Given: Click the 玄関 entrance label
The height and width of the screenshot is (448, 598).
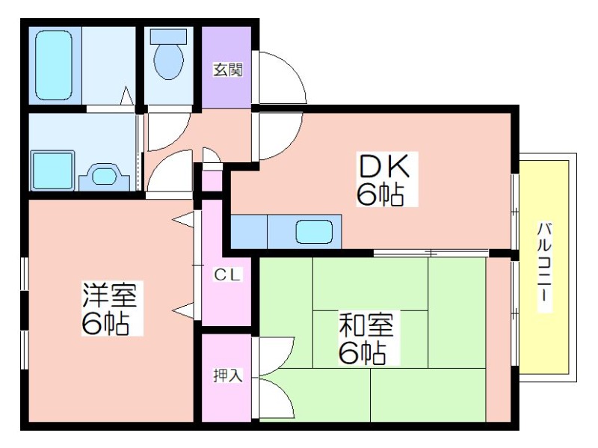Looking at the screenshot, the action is coord(228,70).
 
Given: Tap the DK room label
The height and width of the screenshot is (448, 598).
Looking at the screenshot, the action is coord(384,166).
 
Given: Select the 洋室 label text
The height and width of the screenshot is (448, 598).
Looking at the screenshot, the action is coord(110,295).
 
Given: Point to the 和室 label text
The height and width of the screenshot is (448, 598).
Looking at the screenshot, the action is coord(366,325).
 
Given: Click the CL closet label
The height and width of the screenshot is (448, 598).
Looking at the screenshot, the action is coord(228,274).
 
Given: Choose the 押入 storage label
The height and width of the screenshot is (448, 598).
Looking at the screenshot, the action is coord(228,376).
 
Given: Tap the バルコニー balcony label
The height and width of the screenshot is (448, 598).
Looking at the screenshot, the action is coord(545,266).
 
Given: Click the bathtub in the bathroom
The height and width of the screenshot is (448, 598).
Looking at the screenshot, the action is coord(54,66).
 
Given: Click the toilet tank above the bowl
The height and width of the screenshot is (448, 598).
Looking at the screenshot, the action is coord(169,37).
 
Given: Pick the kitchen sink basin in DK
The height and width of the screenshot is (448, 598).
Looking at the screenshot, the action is coord(314,232).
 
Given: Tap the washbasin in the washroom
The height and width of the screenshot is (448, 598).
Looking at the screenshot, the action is coord(103,177).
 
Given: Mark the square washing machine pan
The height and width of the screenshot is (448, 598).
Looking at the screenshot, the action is coord(52,171).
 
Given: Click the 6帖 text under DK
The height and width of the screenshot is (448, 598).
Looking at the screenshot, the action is coord(380,194).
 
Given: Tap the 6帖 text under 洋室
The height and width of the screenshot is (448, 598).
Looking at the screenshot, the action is coord(105,324).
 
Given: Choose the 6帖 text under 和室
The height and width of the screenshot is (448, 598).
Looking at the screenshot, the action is coord(362,353).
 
